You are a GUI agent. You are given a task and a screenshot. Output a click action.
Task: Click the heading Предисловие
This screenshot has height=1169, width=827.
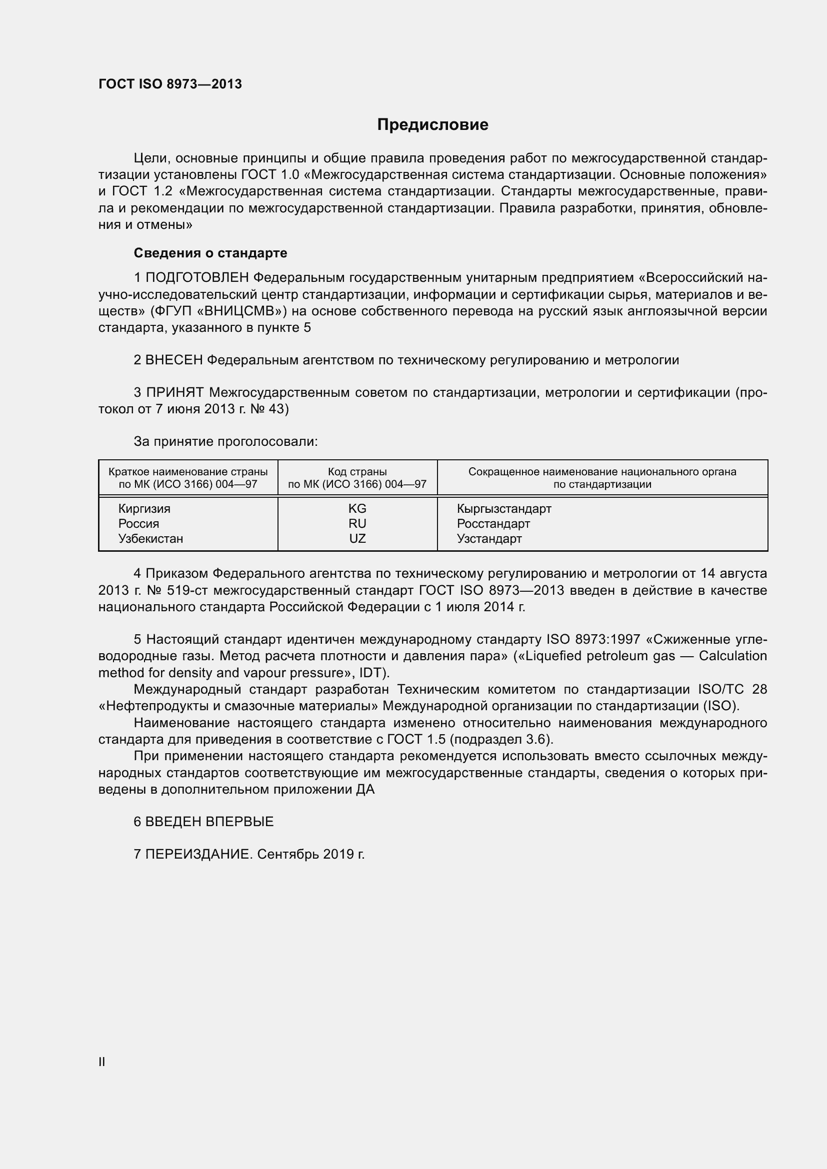click(x=432, y=125)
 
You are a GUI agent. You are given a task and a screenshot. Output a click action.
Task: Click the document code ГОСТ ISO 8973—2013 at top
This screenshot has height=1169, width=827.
click(x=170, y=84)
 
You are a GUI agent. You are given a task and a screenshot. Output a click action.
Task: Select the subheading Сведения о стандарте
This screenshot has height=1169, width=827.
click(x=210, y=253)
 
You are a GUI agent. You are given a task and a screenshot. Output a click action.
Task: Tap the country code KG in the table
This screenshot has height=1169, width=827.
click(x=357, y=509)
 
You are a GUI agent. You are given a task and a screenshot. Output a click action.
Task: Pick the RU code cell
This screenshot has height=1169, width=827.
click(x=357, y=523)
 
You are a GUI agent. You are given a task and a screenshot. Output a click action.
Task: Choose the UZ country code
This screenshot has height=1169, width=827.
click(x=357, y=539)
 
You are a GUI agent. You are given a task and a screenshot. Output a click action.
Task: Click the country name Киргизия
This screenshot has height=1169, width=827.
click(x=144, y=509)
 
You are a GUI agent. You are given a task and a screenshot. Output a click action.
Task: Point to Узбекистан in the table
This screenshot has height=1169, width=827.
click(x=150, y=539)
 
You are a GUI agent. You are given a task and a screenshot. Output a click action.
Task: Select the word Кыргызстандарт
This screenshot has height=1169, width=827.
click(x=503, y=509)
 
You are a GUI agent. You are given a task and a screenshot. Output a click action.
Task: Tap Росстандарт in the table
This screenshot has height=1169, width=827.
click(x=493, y=523)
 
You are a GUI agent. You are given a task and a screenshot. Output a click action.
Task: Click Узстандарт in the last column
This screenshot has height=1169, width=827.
click(x=489, y=539)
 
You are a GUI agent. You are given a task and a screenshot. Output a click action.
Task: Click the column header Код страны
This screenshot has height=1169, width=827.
click(x=357, y=472)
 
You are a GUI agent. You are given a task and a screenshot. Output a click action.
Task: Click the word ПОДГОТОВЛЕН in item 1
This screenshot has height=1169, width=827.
click(x=197, y=278)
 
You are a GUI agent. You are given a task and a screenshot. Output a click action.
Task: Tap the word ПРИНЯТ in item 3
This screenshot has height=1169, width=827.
click(x=174, y=392)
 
